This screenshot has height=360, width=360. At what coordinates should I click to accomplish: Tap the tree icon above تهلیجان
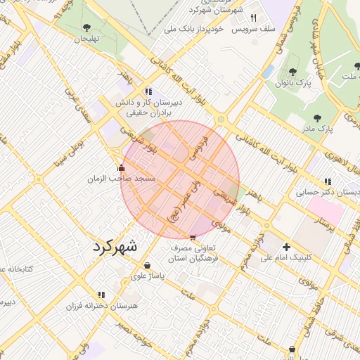pos(86,27)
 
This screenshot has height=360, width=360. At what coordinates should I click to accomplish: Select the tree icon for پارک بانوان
pos(292,72)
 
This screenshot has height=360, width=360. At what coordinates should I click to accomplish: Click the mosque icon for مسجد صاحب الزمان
pos(122,168)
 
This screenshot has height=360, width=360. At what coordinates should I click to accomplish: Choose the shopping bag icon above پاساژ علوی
pos(147,265)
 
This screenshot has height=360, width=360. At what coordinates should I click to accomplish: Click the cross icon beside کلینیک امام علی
pos(286,247)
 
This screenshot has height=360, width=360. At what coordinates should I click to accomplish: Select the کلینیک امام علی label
pos(286,258)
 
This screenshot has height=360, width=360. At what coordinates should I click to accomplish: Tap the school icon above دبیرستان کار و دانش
pos(148,91)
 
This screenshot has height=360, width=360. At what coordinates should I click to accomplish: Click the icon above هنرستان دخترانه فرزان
pos(101,295)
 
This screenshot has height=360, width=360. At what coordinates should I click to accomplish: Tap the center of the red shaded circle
pos(180,180)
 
